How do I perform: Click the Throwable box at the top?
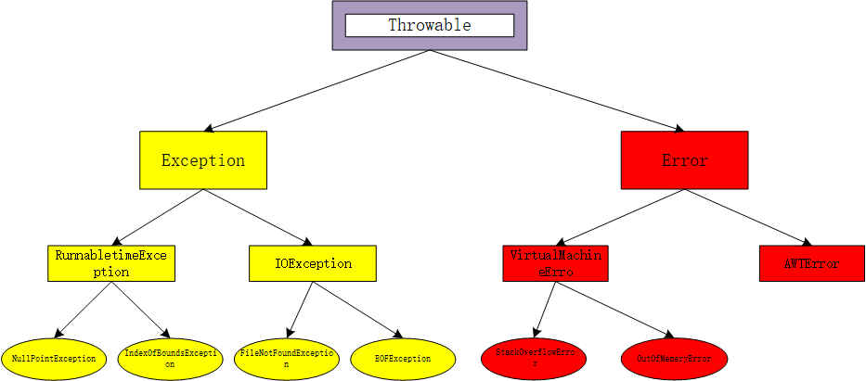(430, 25)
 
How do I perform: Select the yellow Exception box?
(203, 160)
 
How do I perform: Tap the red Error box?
(684, 160)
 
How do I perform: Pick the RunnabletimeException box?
(111, 263)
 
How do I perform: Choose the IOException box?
(313, 263)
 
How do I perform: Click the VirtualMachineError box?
(555, 263)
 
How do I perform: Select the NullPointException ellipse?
(54, 358)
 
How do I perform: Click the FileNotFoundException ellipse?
(288, 358)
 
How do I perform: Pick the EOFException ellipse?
(402, 358)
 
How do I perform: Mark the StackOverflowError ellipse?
(535, 358)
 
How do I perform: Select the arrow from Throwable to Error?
(557, 90)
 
